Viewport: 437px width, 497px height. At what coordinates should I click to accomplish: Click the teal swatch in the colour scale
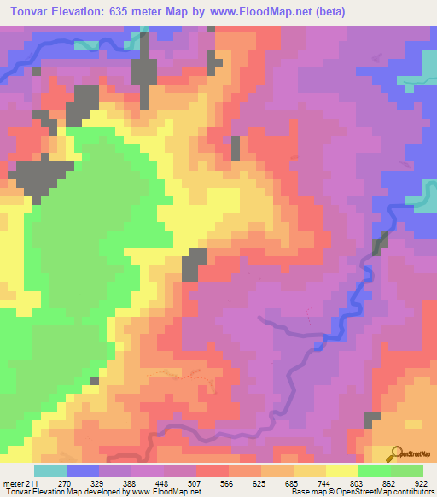pos(50,471)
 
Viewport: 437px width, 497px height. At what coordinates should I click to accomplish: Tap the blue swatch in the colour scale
pos(83,471)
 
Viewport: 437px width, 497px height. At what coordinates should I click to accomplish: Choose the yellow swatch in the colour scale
pos(342,471)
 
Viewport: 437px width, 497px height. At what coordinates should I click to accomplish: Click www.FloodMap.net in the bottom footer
pos(168,491)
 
